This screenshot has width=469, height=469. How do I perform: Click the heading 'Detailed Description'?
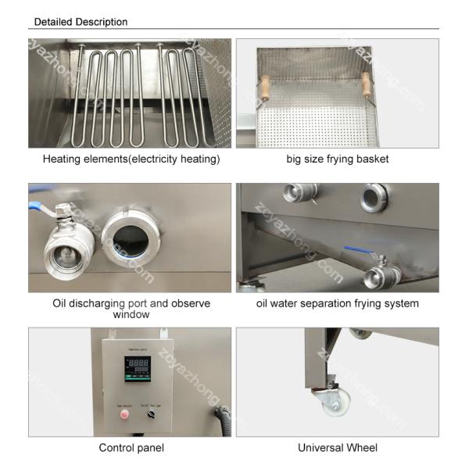[81, 22]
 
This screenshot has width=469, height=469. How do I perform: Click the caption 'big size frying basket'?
[337, 159]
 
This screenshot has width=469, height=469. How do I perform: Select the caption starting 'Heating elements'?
[131, 159]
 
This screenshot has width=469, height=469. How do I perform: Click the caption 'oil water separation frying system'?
[337, 303]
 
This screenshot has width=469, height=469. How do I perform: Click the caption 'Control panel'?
[131, 448]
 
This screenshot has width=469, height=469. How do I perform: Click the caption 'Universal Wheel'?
[337, 448]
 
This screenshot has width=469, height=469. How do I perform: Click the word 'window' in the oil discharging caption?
[131, 314]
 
